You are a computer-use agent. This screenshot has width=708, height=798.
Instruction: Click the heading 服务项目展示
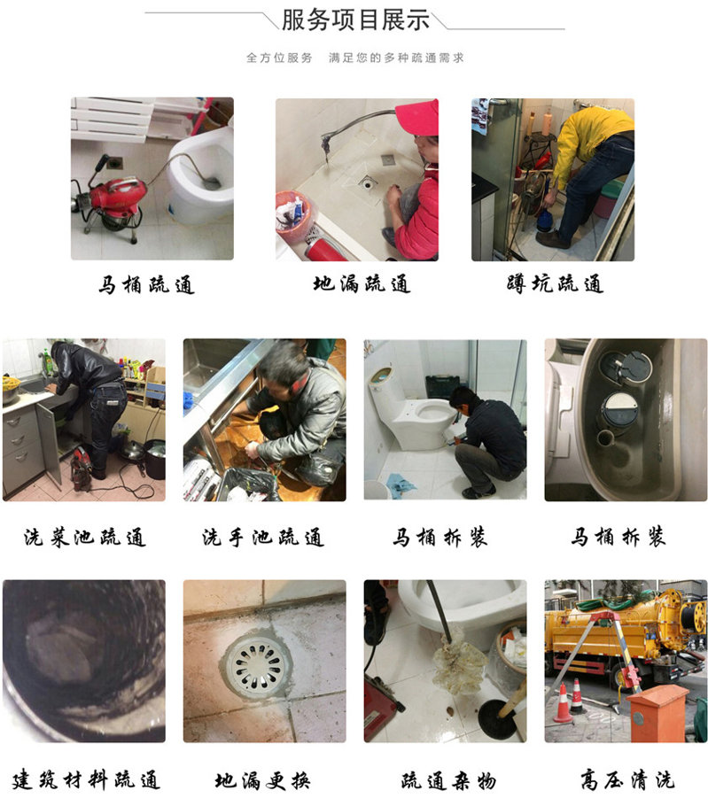point(355,20)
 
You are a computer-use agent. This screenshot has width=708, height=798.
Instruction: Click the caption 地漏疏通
point(362,283)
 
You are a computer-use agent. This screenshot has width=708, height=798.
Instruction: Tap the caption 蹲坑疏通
point(556,283)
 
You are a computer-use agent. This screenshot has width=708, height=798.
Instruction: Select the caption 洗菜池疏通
point(84,537)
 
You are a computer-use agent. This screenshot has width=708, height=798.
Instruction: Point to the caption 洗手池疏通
point(263,537)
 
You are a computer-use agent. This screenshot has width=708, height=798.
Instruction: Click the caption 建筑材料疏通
point(86,779)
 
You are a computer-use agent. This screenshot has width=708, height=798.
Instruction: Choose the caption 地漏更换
point(262,779)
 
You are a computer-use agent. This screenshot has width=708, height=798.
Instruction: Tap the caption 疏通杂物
point(448,779)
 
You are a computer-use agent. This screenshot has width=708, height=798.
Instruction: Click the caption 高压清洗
point(627,779)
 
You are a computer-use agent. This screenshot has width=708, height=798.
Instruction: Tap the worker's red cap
point(417,118)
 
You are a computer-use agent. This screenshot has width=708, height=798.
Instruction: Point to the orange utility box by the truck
point(658,712)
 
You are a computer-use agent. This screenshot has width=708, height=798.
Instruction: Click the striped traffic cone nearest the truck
point(577,695)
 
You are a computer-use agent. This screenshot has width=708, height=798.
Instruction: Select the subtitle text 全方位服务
point(279,58)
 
